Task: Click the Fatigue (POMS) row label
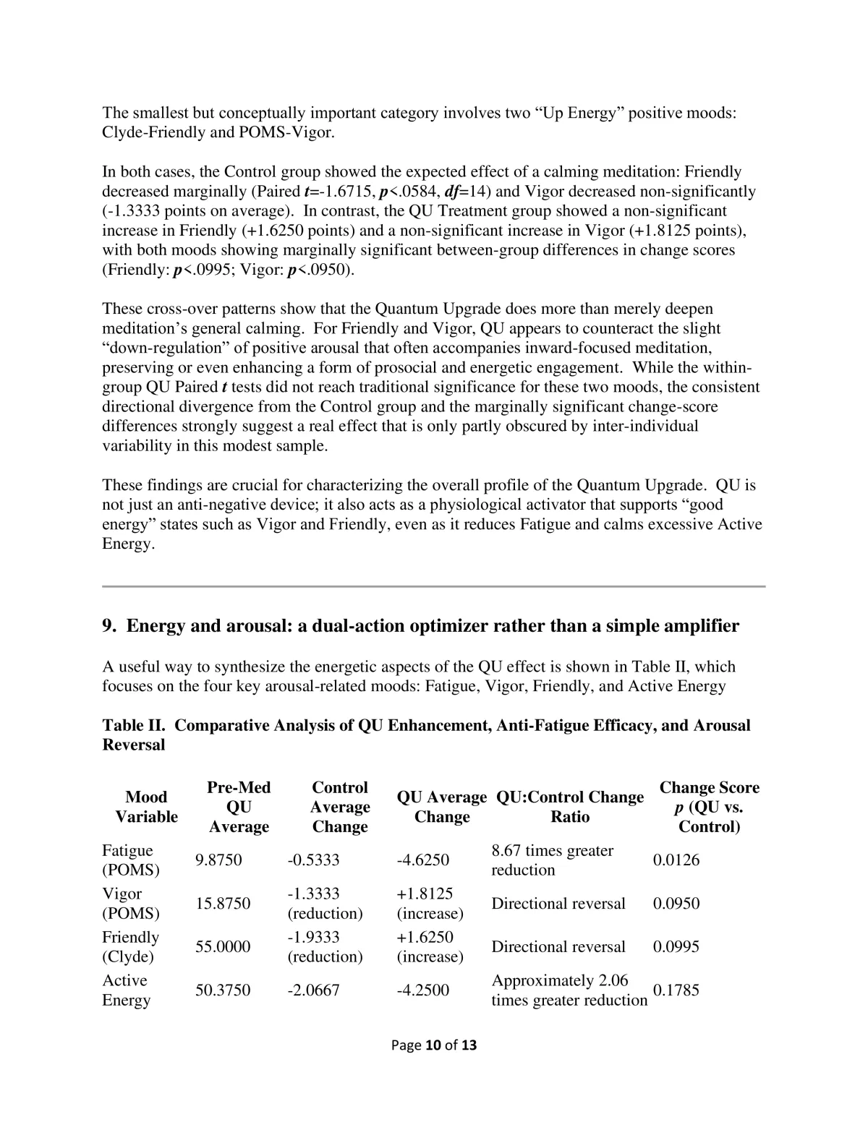coord(130,860)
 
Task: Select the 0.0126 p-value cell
coord(676,860)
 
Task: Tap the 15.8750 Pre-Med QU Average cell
coord(223,904)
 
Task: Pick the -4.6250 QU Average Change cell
coord(423,860)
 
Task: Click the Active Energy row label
coord(127,990)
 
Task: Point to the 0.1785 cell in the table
coord(676,990)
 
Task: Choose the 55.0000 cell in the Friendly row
coord(223,947)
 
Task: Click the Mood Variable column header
coord(146,807)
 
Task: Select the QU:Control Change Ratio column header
coord(570,807)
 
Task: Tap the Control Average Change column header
coord(340,807)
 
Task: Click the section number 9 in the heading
coord(108,626)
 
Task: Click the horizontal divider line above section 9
coord(433,586)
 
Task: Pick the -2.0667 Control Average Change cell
coord(313,990)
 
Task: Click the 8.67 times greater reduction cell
coord(553,860)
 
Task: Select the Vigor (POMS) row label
coord(130,904)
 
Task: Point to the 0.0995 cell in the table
coord(676,947)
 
